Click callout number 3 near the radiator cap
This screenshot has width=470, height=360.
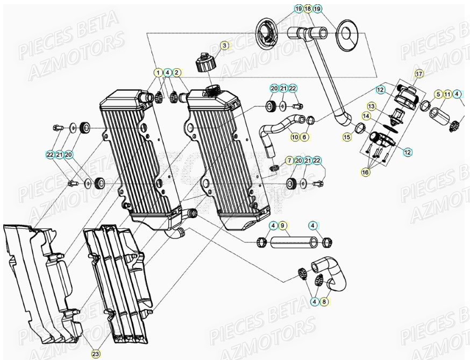(224, 45)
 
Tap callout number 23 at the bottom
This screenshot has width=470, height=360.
(95, 354)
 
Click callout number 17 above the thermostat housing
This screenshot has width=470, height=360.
(419, 74)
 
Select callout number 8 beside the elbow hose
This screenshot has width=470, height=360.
(324, 301)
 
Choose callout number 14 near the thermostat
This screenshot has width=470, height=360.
(380, 116)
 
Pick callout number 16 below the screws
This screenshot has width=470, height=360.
(366, 172)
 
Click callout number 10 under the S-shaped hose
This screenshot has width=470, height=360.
(295, 138)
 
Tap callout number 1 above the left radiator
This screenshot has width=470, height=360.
(158, 72)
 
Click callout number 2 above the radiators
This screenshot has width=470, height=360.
(177, 72)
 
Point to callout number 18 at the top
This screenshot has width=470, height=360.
(308, 9)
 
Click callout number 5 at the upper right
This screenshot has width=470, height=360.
(438, 95)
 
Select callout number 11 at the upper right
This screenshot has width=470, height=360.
(447, 95)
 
